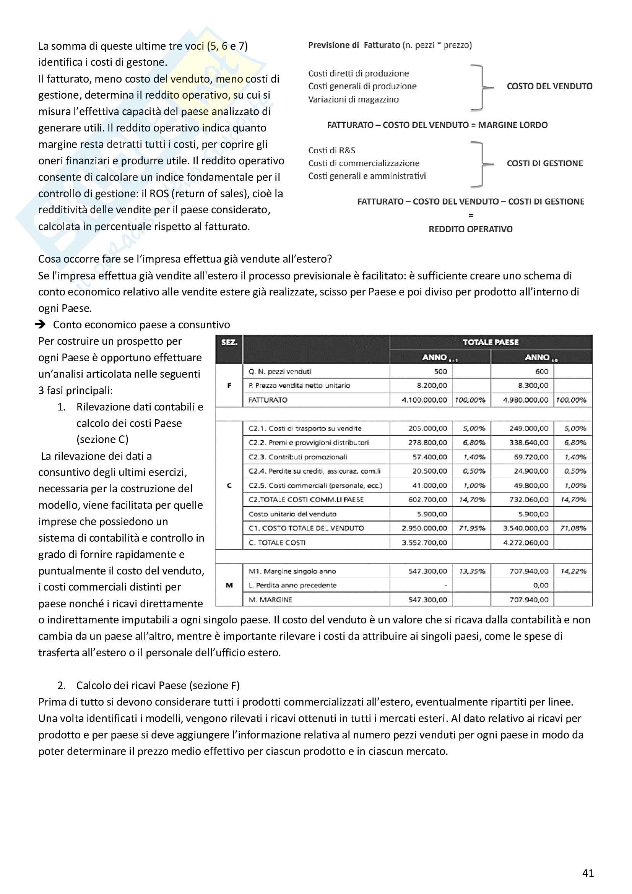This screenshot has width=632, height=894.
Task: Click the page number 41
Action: (588, 873)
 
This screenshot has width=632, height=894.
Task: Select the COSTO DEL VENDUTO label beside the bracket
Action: (549, 86)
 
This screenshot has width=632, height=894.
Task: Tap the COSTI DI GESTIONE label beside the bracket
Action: (544, 163)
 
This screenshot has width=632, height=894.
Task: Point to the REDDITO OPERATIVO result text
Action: (470, 229)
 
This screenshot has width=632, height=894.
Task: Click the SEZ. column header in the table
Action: (229, 342)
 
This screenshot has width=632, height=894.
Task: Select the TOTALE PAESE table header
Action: (490, 342)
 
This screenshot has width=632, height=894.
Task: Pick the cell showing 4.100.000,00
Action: (424, 400)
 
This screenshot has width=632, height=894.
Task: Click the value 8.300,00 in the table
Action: (533, 386)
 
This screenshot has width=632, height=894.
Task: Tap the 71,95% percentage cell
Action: (471, 528)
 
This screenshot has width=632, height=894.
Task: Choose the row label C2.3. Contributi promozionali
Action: (297, 457)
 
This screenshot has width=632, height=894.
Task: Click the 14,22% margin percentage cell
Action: (573, 571)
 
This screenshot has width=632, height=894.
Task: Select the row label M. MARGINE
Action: (270, 600)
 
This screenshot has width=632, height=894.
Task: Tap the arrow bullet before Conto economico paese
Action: (40, 324)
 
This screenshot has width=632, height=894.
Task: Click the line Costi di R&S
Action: (331, 150)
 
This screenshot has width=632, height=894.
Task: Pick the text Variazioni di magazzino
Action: (353, 99)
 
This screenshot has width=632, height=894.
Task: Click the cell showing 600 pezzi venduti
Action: (541, 372)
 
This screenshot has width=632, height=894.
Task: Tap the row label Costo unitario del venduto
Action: (292, 514)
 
